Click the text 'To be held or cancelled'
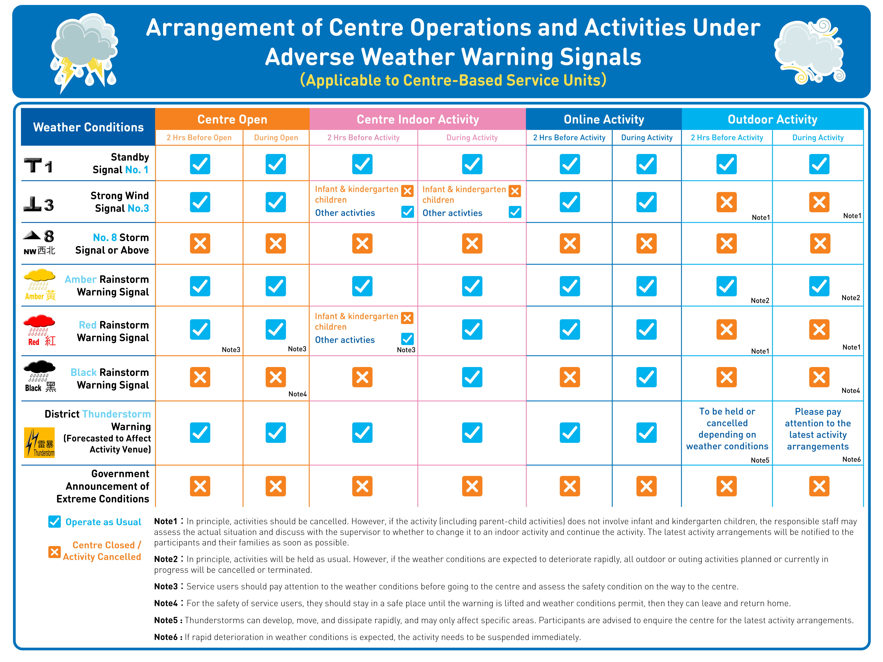click(x=727, y=417)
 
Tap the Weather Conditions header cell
click(x=88, y=127)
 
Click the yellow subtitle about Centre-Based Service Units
click(x=453, y=80)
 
